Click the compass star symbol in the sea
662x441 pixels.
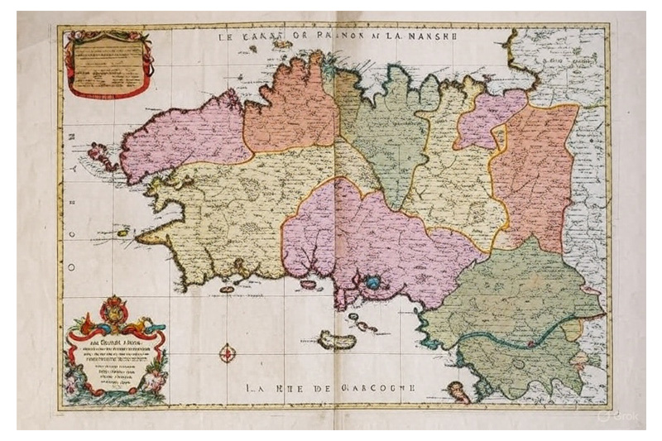click(227, 353)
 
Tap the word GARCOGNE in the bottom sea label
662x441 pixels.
click(383, 386)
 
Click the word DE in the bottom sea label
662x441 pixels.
click(329, 386)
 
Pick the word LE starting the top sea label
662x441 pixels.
click(228, 36)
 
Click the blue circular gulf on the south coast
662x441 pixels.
click(373, 283)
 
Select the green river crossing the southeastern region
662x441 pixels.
click(496, 338)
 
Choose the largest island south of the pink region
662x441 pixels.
click(336, 340)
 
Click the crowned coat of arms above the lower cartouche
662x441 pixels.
click(114, 313)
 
